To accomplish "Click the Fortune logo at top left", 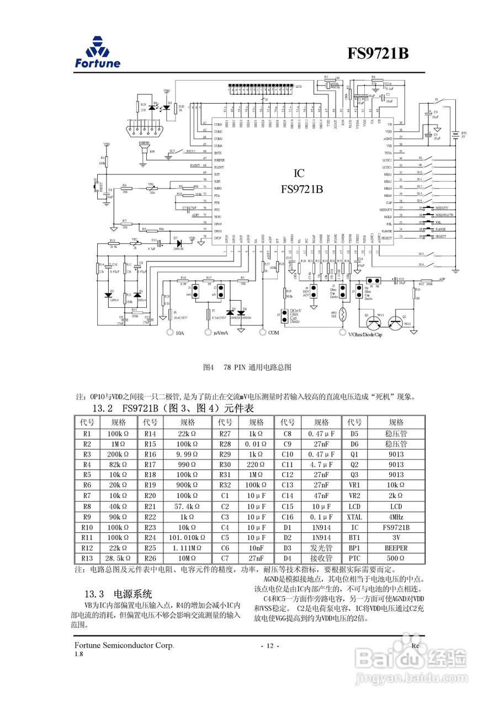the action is coord(98,52).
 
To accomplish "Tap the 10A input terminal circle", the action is coord(170,333).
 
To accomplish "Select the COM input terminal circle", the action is coord(262,333).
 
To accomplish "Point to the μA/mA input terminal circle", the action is coord(209,333).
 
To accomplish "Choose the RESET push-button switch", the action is coord(97,186).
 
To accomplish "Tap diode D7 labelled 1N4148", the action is coord(176,242).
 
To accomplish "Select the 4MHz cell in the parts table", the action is coord(396,517).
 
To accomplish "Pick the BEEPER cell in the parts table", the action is coord(396,548).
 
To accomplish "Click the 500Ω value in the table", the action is coord(396,558).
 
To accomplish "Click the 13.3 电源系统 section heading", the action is coord(118,594).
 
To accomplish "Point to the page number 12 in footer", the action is coord(270,646).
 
